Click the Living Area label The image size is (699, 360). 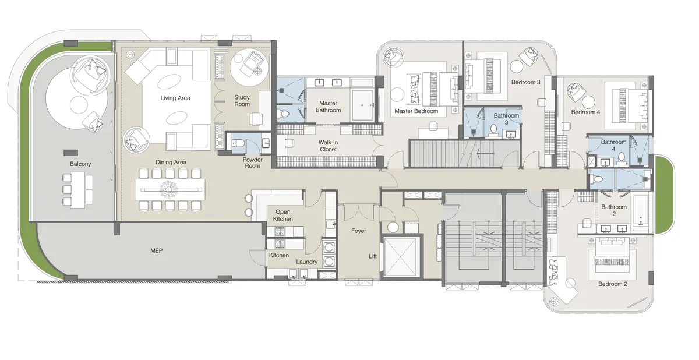pos(175,98)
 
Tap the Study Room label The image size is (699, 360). pos(242,101)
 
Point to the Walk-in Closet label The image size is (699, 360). pos(327,146)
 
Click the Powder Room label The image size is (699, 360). pos(253,163)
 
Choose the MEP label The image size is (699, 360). pos(156,251)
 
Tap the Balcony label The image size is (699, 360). pos(80,164)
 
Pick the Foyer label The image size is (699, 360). pos(359,231)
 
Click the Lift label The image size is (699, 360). pos(373,256)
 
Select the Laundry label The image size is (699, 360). pos(306,262)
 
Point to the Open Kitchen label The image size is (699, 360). pos(283,215)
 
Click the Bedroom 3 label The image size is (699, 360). pos(526,82)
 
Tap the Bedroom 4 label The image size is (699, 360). pos(585,112)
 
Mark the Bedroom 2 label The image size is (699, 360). pos(612,284)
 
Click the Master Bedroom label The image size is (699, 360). pos(416,111)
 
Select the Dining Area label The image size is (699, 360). pos(171,162)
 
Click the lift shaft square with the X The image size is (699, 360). pos(401,256)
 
